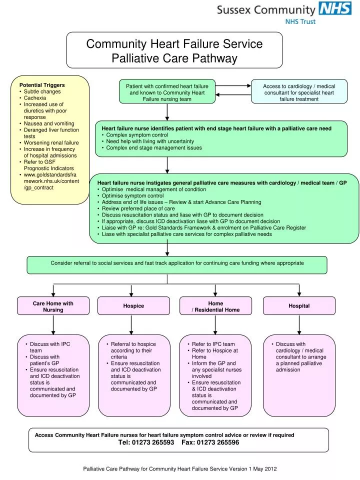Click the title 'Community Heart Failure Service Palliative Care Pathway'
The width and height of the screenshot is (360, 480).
click(174, 51)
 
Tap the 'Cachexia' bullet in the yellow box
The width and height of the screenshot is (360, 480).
click(34, 98)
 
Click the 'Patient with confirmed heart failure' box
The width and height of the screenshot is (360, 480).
click(167, 92)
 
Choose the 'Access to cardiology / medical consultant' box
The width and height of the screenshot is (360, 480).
click(299, 92)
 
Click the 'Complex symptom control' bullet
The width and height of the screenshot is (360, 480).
click(137, 135)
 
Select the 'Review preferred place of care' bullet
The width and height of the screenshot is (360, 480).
click(138, 208)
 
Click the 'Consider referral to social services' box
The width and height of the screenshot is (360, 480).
click(177, 263)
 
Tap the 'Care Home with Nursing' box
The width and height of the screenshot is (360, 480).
click(53, 306)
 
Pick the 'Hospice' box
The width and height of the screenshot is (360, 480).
click(133, 306)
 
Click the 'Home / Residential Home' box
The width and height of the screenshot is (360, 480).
click(215, 306)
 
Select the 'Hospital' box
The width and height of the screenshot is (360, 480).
click(299, 306)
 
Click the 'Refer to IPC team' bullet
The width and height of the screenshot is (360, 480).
click(213, 344)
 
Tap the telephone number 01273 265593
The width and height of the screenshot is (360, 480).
click(146, 443)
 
